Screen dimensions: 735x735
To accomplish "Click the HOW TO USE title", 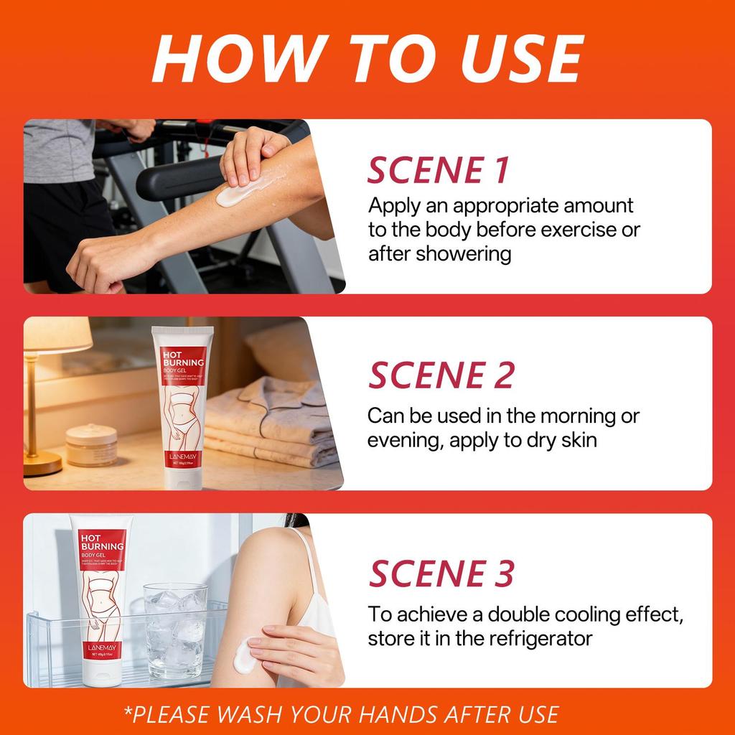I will click(367, 59).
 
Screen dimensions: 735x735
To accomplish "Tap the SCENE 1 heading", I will click(439, 170).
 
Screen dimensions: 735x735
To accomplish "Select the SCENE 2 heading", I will click(441, 375).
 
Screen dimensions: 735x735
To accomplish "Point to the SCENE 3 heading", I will click(441, 574).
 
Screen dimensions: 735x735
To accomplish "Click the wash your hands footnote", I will click(341, 714).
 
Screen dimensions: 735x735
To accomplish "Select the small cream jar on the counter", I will click(92, 444).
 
